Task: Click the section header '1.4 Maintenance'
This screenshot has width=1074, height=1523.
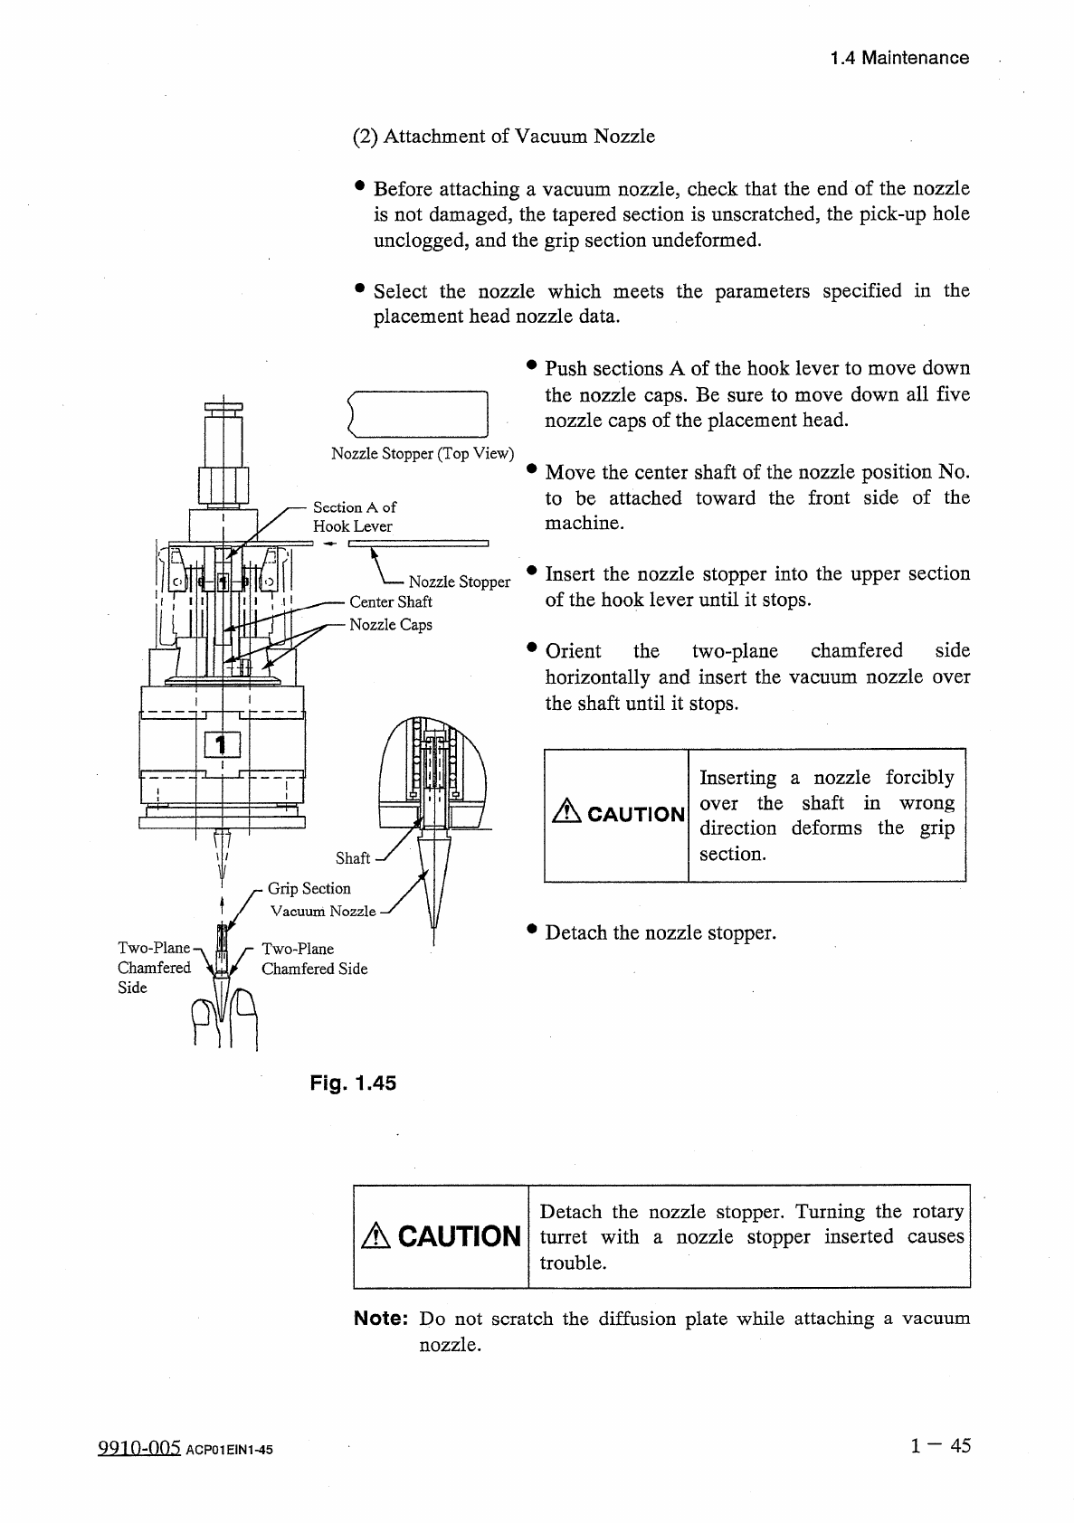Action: pos(899,59)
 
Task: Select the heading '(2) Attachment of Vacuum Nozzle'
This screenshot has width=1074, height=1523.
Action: pos(503,137)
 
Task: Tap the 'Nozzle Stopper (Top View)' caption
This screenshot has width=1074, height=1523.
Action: pos(423,453)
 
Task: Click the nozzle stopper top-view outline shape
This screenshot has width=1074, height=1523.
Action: pos(417,413)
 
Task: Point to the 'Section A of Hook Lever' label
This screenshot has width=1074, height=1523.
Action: pos(354,516)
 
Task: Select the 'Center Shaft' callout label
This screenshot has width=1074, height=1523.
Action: pos(391,601)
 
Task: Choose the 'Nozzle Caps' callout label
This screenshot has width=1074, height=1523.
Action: pos(391,625)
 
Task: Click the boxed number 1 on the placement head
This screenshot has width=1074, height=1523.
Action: pos(223,743)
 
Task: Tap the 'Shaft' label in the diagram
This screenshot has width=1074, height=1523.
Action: pos(353,857)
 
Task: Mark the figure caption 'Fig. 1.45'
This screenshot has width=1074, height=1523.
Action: pos(353,1083)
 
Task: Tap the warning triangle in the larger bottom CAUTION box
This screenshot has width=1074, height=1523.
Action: pos(375,1237)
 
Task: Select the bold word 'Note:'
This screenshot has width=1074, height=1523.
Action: pos(382,1319)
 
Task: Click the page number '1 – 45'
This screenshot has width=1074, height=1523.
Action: pos(941,1446)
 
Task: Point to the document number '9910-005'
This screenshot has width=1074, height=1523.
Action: pos(140,1449)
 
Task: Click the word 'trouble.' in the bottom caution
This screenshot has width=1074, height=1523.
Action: pos(573,1263)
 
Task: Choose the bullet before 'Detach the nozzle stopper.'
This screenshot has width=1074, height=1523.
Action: pos(533,930)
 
